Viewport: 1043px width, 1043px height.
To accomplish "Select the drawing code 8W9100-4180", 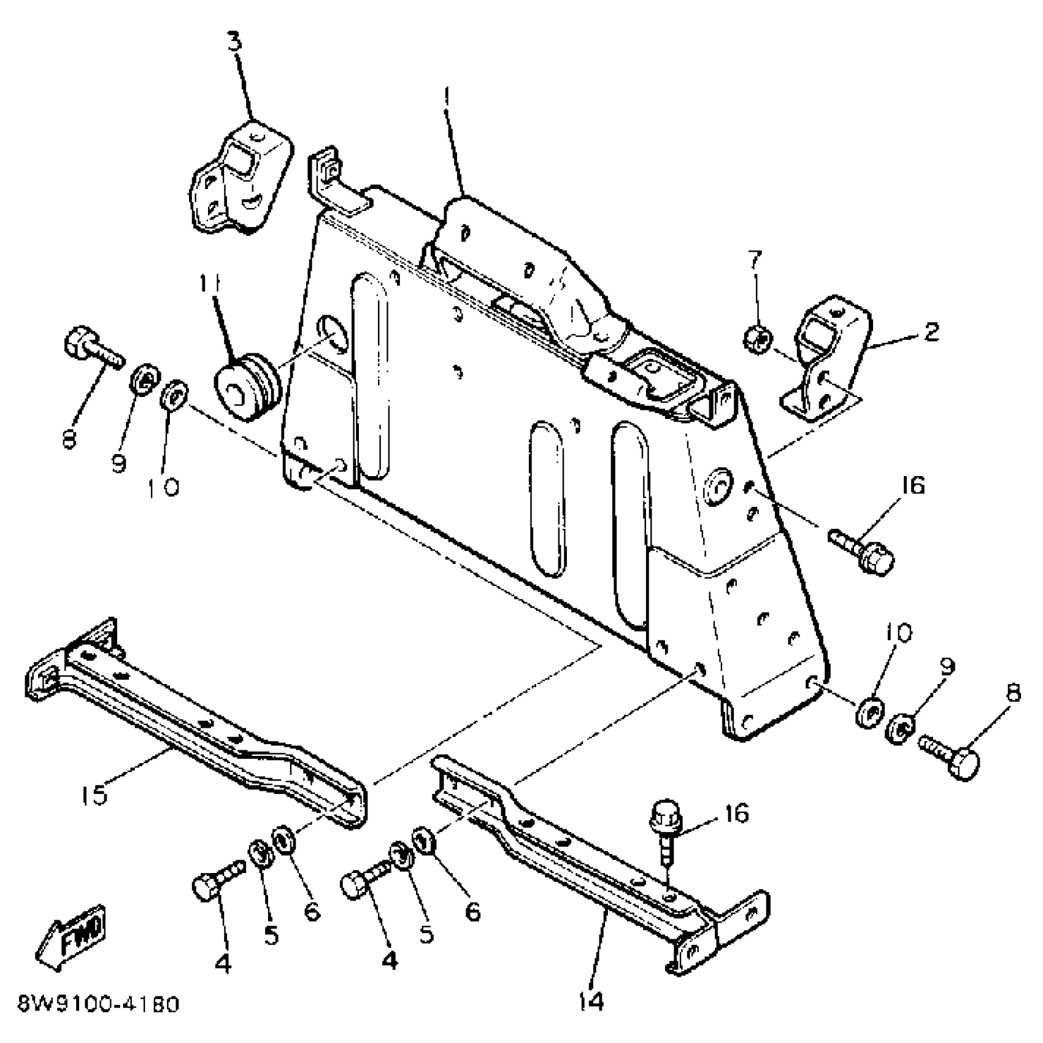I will (98, 1005).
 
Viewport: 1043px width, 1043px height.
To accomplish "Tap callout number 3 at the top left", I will (235, 43).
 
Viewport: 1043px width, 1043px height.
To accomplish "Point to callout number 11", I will (212, 285).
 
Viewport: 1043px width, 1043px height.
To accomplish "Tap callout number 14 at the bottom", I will (591, 1001).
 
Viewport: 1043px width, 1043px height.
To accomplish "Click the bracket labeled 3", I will (239, 179).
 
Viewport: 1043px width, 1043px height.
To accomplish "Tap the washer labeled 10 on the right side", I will (869, 713).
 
